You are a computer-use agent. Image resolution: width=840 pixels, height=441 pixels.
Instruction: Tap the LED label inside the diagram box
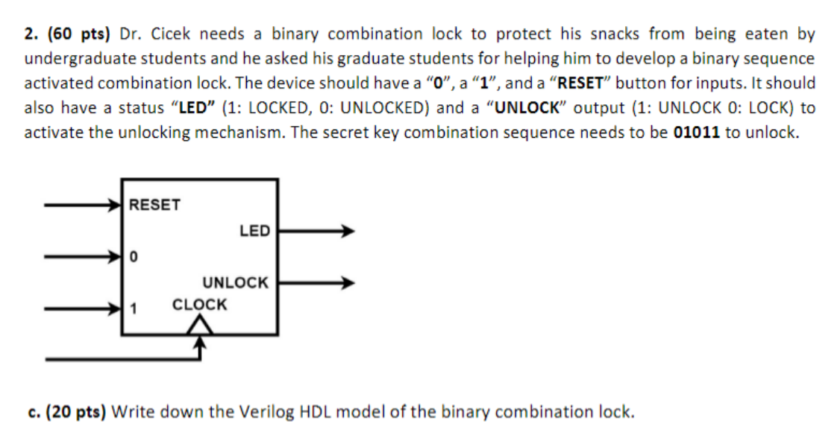click(x=254, y=231)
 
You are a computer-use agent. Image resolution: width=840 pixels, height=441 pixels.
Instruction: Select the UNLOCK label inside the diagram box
click(x=235, y=283)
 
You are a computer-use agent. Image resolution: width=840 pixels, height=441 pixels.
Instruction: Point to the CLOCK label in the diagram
click(x=199, y=305)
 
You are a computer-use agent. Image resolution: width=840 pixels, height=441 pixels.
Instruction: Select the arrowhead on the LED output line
click(x=346, y=232)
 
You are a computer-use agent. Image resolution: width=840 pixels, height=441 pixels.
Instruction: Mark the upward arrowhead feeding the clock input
click(x=199, y=342)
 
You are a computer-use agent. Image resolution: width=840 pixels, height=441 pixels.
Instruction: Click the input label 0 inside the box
click(x=133, y=257)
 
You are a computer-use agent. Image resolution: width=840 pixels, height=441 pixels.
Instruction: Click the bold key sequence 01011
click(x=697, y=133)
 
